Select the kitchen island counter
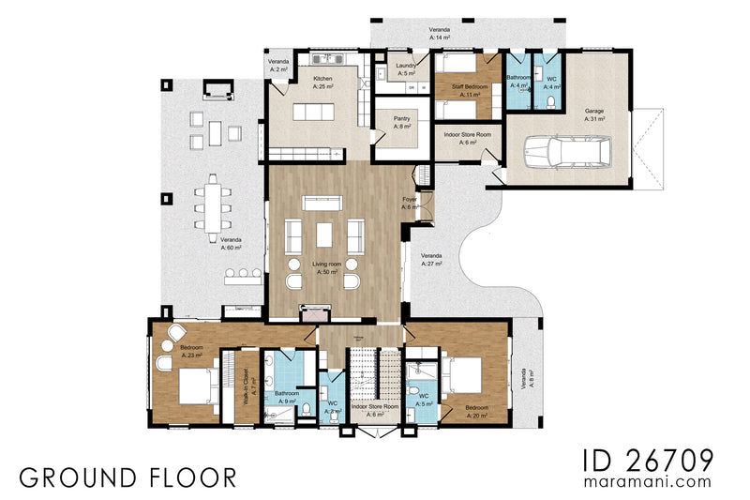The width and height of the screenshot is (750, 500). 314,113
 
